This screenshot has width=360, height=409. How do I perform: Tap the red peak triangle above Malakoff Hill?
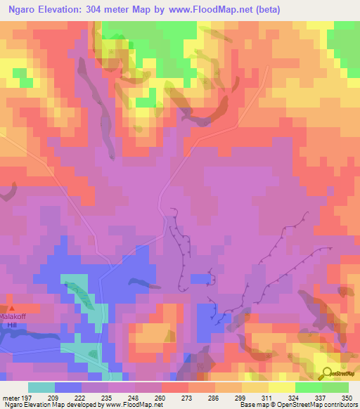(11, 308)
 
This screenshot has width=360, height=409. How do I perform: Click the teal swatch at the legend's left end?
(41, 387)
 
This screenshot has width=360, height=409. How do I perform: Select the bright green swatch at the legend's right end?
(335, 387)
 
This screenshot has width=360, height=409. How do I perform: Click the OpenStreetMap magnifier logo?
(328, 372)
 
